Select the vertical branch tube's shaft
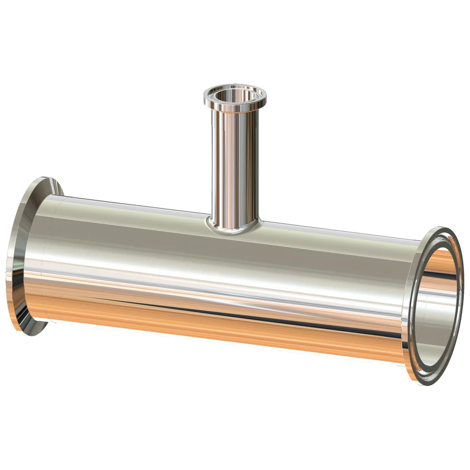coord(234,164)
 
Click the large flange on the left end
coord(21,254)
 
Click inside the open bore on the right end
coord(439,305)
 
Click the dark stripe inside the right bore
coord(442,277)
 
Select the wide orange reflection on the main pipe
coord(211,320)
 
